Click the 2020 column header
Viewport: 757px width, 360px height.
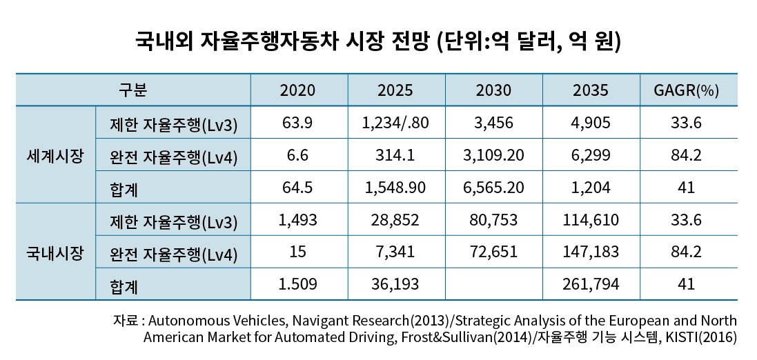coord(298,90)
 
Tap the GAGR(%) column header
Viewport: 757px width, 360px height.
coord(687,90)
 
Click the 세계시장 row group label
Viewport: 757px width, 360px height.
coord(55,155)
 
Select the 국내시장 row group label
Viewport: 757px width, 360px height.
coord(55,252)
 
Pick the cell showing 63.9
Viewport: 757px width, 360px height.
coord(298,123)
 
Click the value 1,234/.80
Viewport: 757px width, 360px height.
coord(396,123)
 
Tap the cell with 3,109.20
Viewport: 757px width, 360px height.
coord(493,155)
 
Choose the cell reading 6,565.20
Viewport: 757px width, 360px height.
coord(493,188)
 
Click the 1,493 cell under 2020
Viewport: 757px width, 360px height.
coord(298,220)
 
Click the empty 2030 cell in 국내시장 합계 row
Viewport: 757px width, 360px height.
coord(493,283)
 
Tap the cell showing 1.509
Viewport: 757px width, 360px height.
coord(298,283)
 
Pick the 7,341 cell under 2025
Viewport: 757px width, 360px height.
coord(396,252)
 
